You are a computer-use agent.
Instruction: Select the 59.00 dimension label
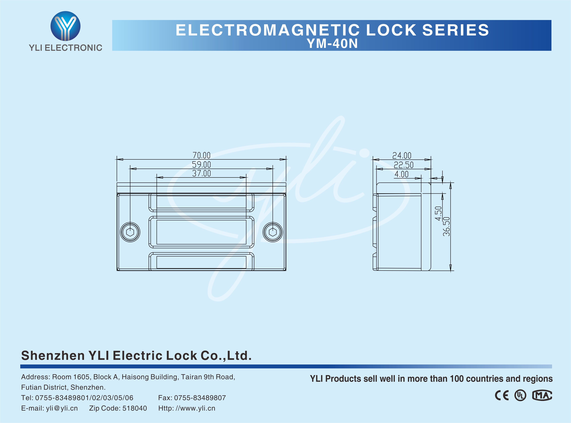click(201, 165)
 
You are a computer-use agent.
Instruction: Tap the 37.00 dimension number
click(201, 174)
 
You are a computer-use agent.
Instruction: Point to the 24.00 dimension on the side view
click(402, 155)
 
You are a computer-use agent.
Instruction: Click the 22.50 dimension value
click(403, 165)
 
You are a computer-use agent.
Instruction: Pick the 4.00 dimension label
click(401, 174)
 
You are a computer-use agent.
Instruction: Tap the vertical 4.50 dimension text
click(438, 213)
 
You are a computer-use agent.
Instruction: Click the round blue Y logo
click(65, 26)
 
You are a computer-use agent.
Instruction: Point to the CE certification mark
click(502, 396)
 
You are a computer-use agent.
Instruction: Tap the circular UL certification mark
click(520, 396)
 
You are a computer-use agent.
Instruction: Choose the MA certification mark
click(542, 396)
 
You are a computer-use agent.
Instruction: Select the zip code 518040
click(135, 408)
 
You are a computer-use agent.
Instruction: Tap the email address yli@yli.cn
click(62, 408)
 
